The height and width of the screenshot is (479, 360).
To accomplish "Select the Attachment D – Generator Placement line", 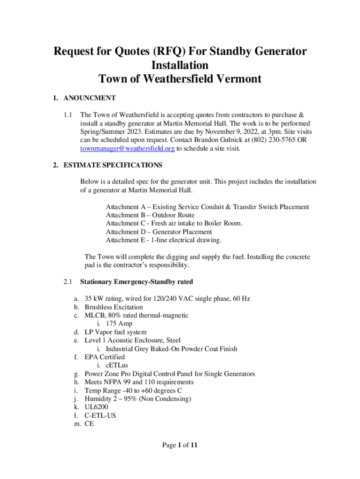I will click(x=158, y=232).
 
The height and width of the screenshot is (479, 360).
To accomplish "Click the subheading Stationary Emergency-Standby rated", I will click(x=137, y=282).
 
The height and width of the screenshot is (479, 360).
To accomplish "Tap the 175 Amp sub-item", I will click(x=120, y=324).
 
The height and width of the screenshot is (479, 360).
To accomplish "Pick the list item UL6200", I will click(x=97, y=407).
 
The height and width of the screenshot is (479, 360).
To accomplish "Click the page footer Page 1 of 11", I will click(x=180, y=445).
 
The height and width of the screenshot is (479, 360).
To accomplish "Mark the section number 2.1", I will click(x=68, y=282).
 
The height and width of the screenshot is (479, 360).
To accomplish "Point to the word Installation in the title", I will click(x=180, y=65).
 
